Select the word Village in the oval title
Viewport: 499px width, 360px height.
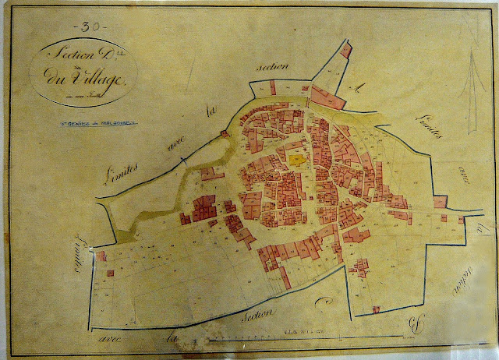point(92,79)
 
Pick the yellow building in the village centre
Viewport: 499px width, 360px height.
point(296,158)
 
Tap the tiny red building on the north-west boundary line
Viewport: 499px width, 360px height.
point(225,134)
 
